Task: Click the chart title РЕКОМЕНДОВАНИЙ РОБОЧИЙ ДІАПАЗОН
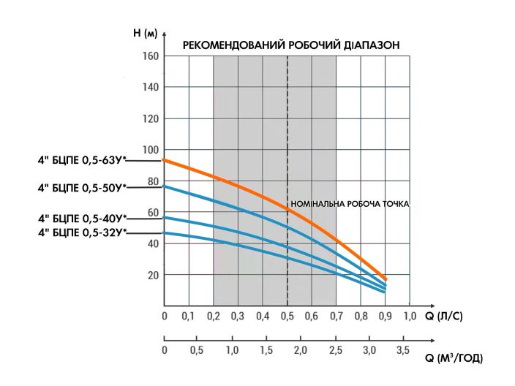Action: (x=290, y=45)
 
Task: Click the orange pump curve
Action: (x=241, y=186)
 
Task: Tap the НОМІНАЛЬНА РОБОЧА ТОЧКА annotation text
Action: (x=350, y=204)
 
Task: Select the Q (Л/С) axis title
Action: (x=443, y=317)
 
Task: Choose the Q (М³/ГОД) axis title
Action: (x=453, y=359)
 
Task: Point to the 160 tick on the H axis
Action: (x=151, y=56)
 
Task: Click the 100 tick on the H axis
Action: (x=151, y=150)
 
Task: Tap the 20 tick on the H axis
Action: (x=152, y=276)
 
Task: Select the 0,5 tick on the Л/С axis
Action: (x=287, y=317)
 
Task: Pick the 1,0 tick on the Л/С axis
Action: (x=409, y=317)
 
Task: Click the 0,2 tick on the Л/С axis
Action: (x=213, y=317)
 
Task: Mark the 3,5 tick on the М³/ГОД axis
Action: (x=402, y=351)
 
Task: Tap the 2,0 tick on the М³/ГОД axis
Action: (x=301, y=351)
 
